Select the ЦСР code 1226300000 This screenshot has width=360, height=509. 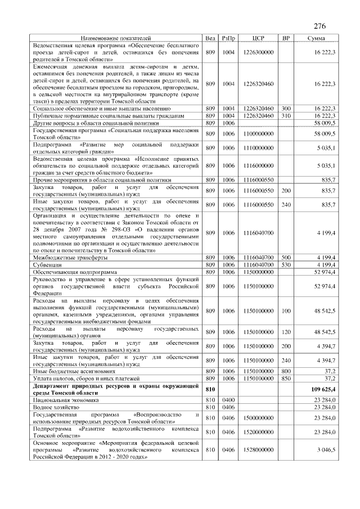coord(259,52)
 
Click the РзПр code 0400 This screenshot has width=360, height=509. coord(228,399)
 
